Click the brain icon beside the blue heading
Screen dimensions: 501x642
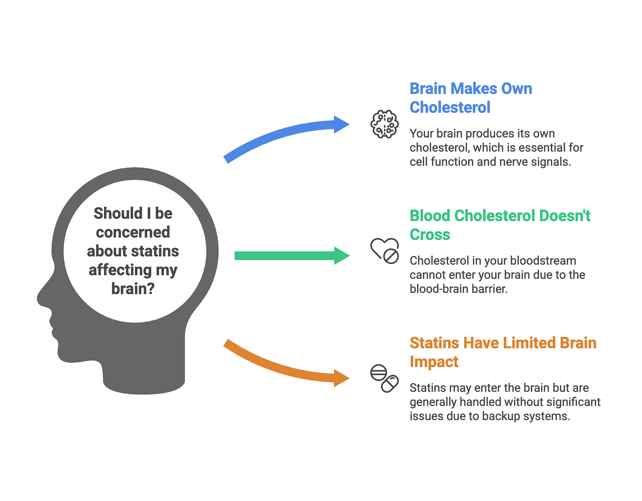pyautogui.click(x=384, y=124)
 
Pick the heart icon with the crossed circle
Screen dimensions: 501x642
pyautogui.click(x=384, y=251)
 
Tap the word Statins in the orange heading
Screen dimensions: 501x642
pyautogui.click(x=434, y=343)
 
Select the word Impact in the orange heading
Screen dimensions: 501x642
pyautogui.click(x=434, y=362)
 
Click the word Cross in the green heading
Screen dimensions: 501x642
pyautogui.click(x=429, y=235)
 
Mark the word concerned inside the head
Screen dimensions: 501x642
pyautogui.click(x=133, y=232)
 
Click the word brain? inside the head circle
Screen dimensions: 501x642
pyautogui.click(x=133, y=288)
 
